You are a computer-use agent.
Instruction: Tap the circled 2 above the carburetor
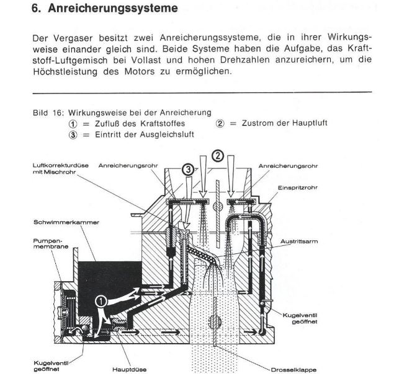tap(217, 156)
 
